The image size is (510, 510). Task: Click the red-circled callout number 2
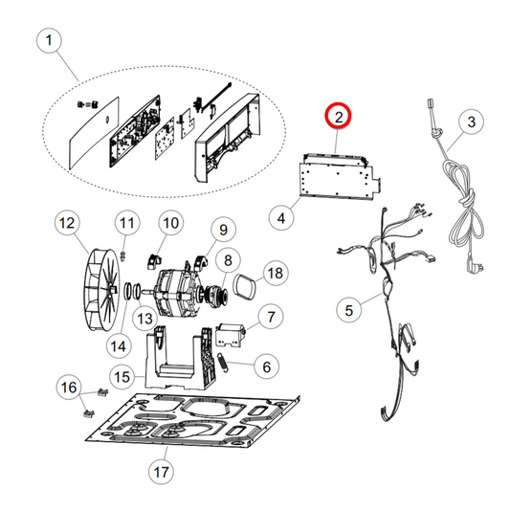(339, 116)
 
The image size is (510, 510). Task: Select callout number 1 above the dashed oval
(49, 40)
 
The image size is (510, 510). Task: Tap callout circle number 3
(472, 122)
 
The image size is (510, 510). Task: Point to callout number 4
(281, 217)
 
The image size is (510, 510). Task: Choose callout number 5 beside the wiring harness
(349, 310)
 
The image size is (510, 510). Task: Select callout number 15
(122, 377)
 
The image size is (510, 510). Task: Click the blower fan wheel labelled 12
(100, 291)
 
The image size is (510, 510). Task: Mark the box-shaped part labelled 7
(231, 335)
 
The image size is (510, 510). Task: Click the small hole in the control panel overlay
(106, 121)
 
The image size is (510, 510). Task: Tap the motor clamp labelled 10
(154, 262)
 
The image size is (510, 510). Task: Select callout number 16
(69, 388)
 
